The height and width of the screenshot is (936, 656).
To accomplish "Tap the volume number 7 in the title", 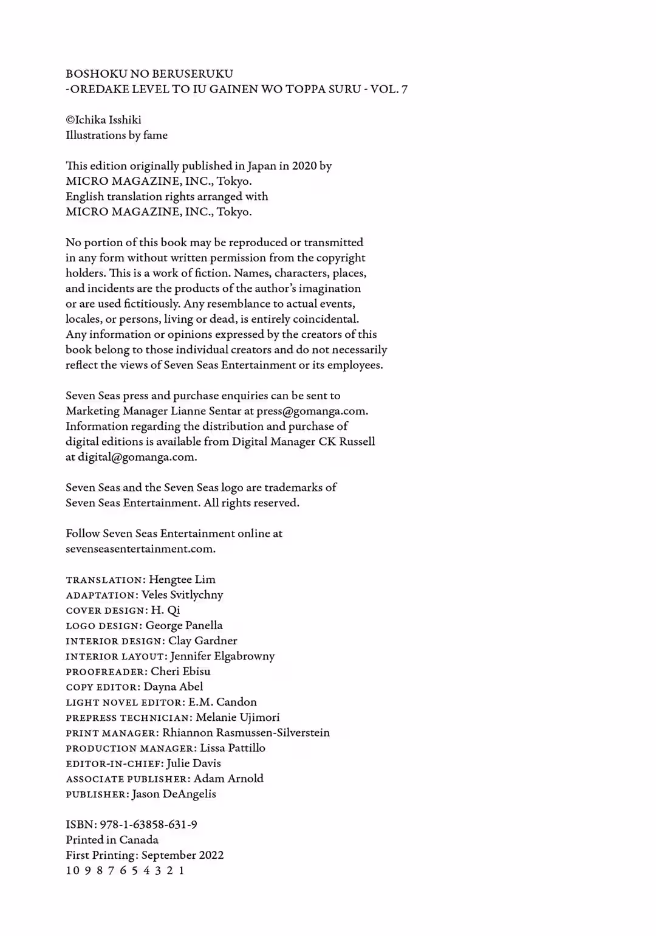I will pos(404,89).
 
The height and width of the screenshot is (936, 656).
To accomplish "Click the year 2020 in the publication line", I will pos(304,166).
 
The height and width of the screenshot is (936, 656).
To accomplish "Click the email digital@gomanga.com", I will pos(137,457).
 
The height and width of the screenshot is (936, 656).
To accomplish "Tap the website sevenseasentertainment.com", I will pos(140,549).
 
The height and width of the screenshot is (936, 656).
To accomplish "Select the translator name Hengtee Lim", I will pos(182,579).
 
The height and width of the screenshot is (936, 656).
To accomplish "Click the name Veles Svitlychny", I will pos(182,594).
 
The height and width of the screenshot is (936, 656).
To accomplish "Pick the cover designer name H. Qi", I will pos(165,610).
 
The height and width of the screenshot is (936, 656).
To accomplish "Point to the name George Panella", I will pos(184,625).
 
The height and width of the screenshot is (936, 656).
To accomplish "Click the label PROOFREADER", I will pos(106,672).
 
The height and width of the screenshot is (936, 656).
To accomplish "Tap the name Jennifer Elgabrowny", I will pos(222,656).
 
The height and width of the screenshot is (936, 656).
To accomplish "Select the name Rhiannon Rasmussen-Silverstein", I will pos(246,732).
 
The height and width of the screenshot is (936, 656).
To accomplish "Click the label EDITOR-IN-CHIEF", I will pos(115,763).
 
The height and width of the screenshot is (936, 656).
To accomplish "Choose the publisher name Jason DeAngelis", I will pos(174,794).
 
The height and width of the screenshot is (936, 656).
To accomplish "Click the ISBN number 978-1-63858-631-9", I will pos(148,825).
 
